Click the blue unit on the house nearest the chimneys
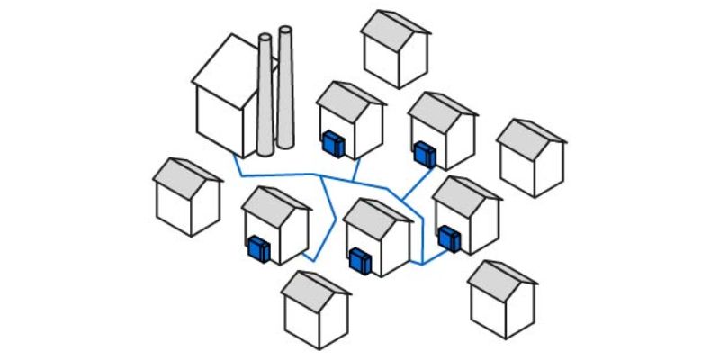pyautogui.click(x=334, y=142)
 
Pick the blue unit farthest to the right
pyautogui.click(x=449, y=238)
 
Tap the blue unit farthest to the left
pyautogui.click(x=259, y=248)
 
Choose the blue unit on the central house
pyautogui.click(x=360, y=259)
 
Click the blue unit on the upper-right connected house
pyautogui.click(x=425, y=153)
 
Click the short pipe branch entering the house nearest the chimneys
pyautogui.click(x=356, y=168)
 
